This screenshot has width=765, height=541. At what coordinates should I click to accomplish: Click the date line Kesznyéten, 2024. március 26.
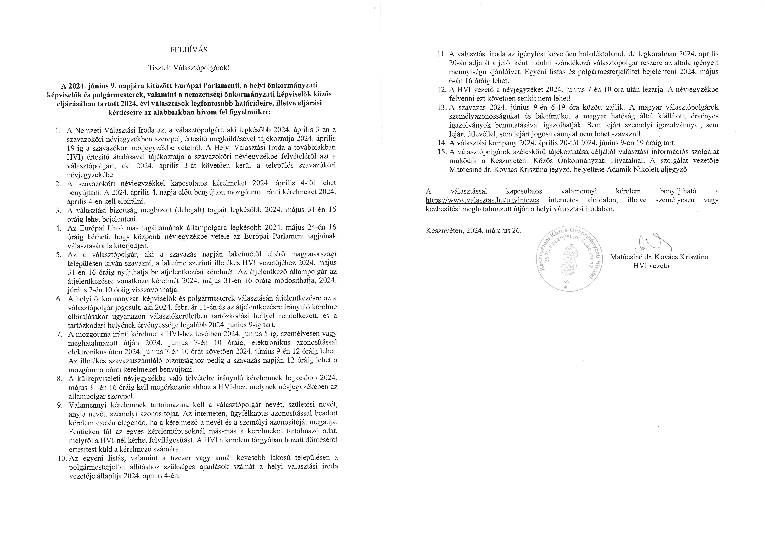473,231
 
